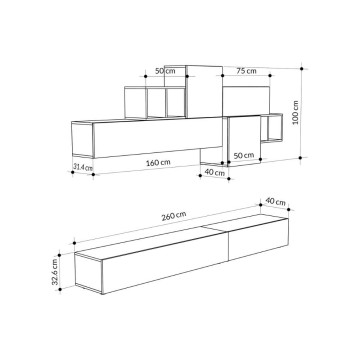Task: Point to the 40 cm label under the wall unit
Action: click(x=213, y=172)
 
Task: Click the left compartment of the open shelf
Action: click(x=136, y=102)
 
